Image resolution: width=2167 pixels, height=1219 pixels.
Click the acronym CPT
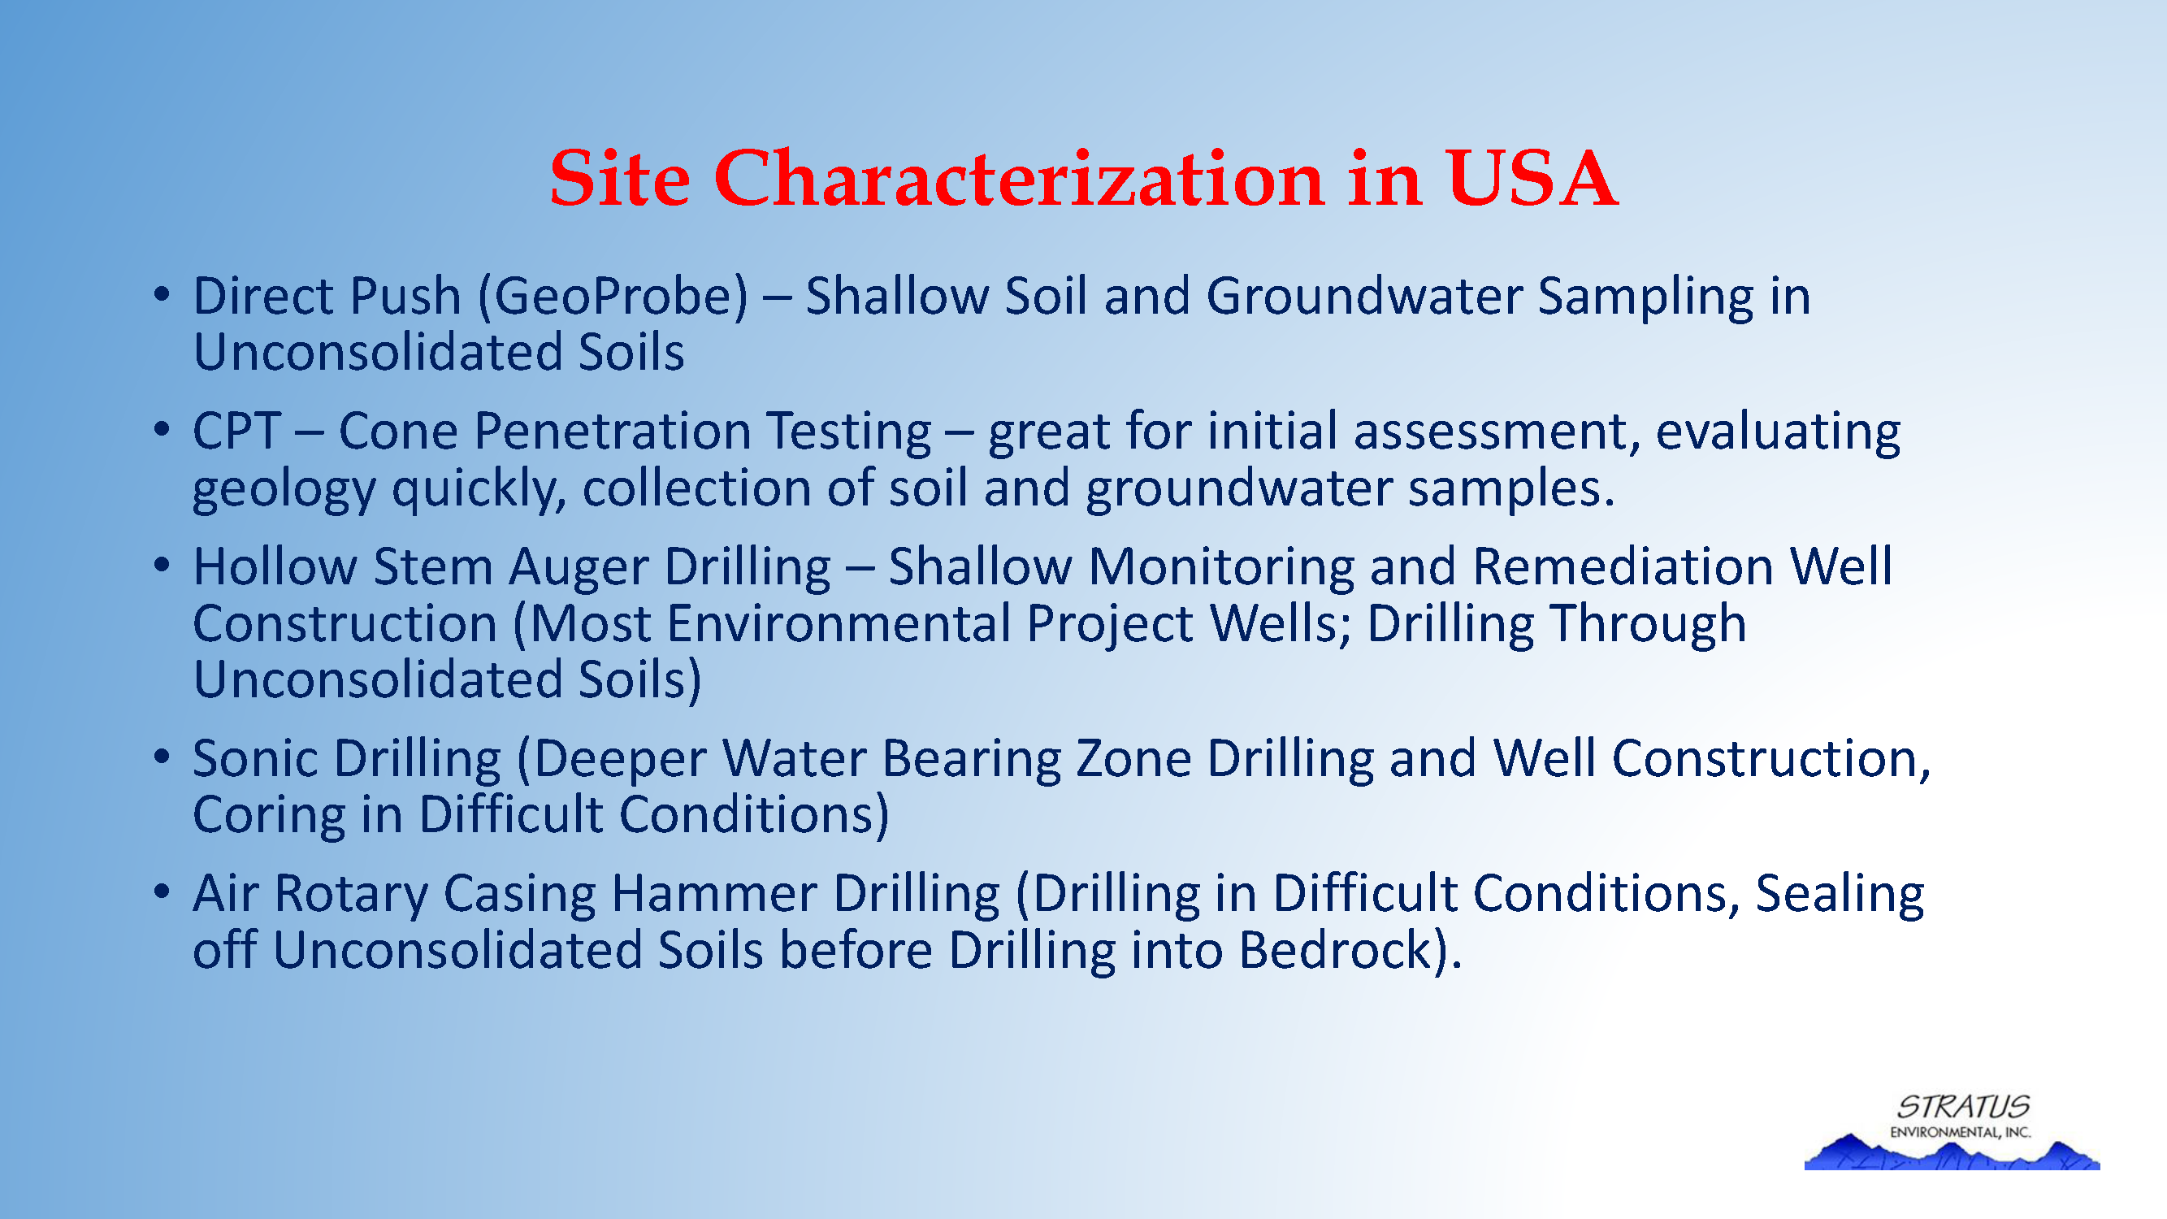[x=236, y=432]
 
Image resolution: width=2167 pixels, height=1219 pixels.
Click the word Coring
[x=269, y=816]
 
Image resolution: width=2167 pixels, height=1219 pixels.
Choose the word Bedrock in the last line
[x=1335, y=951]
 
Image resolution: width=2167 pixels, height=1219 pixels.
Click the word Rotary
[x=352, y=895]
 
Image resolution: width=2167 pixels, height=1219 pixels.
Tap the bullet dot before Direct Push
[x=163, y=294]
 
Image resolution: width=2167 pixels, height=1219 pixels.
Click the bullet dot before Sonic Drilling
[x=163, y=757]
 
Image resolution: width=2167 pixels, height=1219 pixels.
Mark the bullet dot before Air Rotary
[x=163, y=891]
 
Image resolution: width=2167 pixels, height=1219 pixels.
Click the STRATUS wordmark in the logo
[x=1963, y=1106]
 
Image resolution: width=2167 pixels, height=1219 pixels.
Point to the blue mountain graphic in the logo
[x=1952, y=1152]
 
